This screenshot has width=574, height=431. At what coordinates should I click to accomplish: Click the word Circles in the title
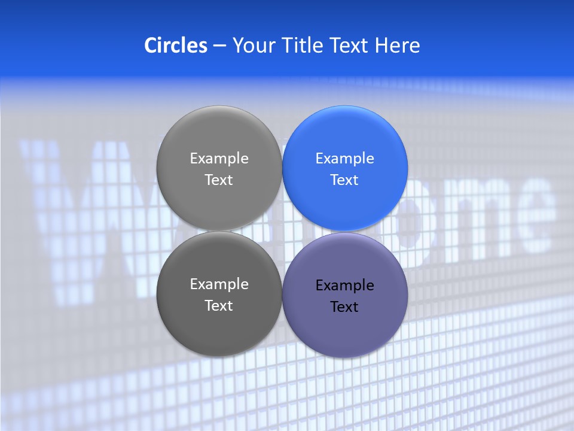[x=176, y=45]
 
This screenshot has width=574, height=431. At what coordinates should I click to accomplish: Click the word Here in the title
[x=397, y=45]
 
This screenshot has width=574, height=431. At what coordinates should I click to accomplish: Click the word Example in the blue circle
[x=345, y=159]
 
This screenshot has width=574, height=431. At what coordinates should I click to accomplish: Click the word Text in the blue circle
[x=344, y=180]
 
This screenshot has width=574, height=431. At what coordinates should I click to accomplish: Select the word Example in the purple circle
[x=345, y=286]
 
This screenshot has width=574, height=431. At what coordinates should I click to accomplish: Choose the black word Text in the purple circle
[x=344, y=307]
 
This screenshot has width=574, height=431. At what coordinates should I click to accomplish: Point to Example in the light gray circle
[x=219, y=159]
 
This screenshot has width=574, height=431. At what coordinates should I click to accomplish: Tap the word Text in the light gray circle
[x=219, y=180]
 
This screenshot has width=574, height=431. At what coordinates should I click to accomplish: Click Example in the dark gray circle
[x=219, y=284]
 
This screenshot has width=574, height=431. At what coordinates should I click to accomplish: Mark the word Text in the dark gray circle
[x=219, y=306]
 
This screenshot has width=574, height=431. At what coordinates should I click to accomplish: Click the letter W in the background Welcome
[x=78, y=198]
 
